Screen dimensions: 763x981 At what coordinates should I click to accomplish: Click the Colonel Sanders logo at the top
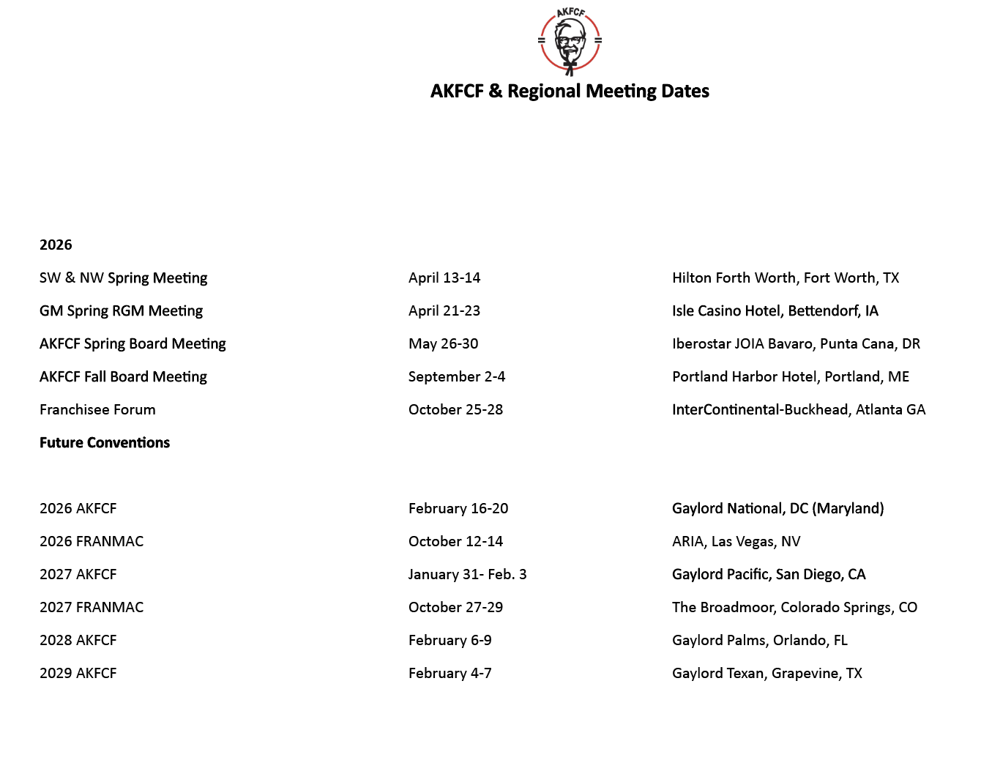[x=570, y=41]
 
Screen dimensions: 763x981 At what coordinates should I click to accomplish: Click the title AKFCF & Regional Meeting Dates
[x=570, y=91]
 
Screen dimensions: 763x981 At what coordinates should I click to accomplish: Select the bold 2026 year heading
[x=56, y=245]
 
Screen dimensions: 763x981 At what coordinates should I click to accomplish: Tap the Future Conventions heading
[x=105, y=442]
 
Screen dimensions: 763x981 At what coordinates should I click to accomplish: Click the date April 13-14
[x=444, y=278]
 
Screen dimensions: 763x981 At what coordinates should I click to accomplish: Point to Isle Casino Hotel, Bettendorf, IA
[x=775, y=310]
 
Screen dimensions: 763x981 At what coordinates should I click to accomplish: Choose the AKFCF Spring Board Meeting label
[x=133, y=343]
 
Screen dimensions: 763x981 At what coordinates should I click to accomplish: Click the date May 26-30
[x=443, y=343]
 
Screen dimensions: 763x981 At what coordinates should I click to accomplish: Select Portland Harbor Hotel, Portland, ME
[x=791, y=376]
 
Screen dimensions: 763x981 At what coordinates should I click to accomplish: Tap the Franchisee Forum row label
[x=97, y=409]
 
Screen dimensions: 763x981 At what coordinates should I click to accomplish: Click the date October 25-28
[x=455, y=409]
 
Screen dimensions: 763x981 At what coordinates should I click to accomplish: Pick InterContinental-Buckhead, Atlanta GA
[x=799, y=409]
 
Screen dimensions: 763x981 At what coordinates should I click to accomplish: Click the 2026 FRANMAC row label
[x=92, y=541]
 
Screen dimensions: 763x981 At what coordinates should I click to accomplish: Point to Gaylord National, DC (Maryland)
[x=777, y=508]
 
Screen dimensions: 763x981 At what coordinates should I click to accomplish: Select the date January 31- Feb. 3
[x=467, y=574]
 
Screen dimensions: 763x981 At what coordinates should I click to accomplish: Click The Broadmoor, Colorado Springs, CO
[x=794, y=607]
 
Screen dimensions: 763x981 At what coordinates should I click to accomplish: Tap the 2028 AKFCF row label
[x=78, y=640]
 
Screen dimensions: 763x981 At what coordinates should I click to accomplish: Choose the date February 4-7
[x=450, y=673]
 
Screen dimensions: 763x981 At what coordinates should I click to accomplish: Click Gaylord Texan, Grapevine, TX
[x=766, y=673]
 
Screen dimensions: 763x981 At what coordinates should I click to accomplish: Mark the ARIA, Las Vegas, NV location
[x=736, y=541]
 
